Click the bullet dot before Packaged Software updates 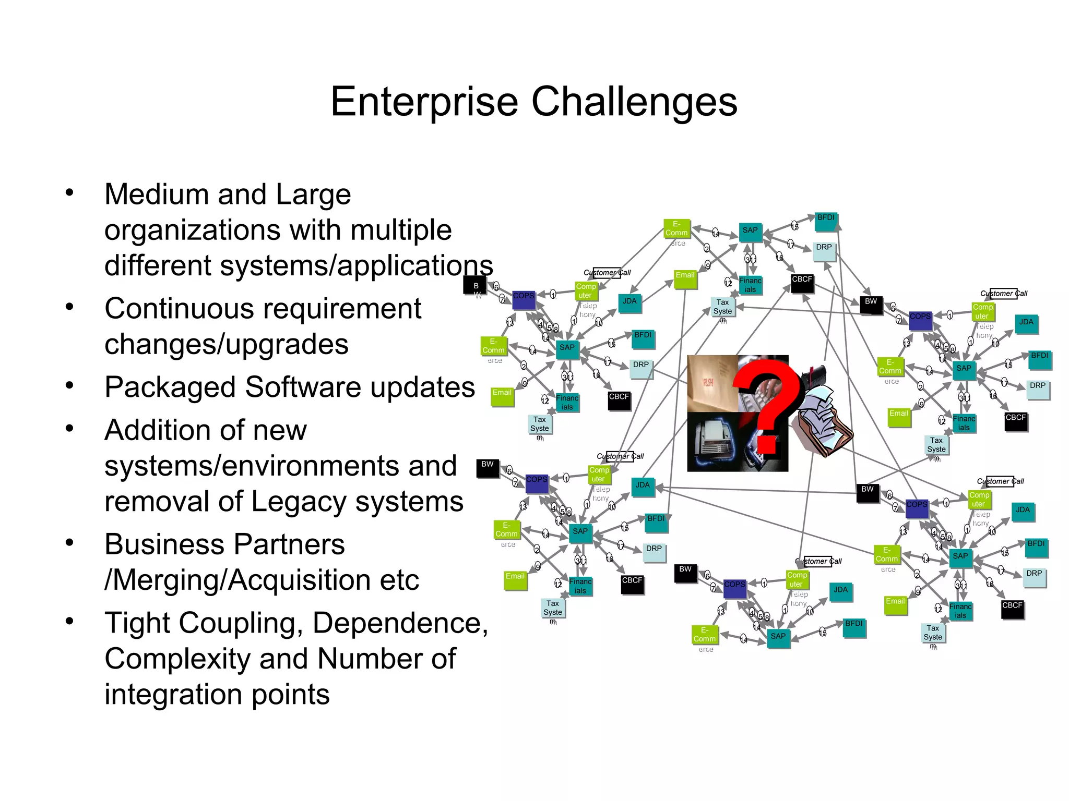coord(69,386)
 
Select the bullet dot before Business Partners coord(69,543)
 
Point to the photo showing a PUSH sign coord(712,383)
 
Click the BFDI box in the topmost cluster coord(826,221)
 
